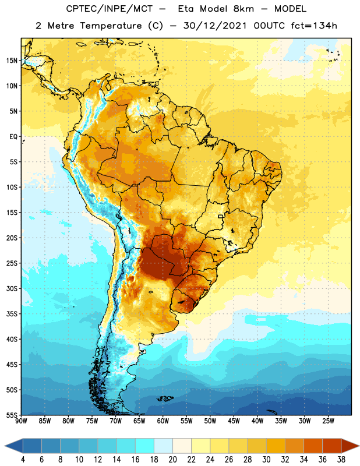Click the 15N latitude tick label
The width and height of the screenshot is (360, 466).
(12, 61)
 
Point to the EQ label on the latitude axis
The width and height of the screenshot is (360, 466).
(13, 137)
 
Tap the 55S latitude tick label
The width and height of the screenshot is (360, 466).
(12, 415)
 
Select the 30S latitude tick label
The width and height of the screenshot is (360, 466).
(12, 288)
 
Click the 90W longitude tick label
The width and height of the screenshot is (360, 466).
(21, 421)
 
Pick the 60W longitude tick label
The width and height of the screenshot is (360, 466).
(163, 421)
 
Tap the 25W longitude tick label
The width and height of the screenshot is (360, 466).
(328, 421)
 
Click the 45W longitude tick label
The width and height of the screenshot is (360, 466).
(234, 421)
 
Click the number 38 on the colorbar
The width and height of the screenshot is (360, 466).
(341, 460)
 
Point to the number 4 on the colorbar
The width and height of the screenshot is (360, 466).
(23, 460)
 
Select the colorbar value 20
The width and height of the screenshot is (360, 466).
(172, 460)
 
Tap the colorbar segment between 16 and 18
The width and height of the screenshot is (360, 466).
(145, 446)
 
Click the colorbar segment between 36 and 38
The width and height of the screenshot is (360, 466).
(332, 446)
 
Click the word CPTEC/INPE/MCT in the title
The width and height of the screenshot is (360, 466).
(110, 9)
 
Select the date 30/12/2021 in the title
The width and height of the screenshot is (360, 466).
(215, 26)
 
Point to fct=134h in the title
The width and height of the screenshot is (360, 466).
(314, 26)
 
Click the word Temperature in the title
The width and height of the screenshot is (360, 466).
(111, 26)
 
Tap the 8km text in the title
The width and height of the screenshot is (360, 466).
(243, 9)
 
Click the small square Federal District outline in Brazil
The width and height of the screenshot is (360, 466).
(221, 216)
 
